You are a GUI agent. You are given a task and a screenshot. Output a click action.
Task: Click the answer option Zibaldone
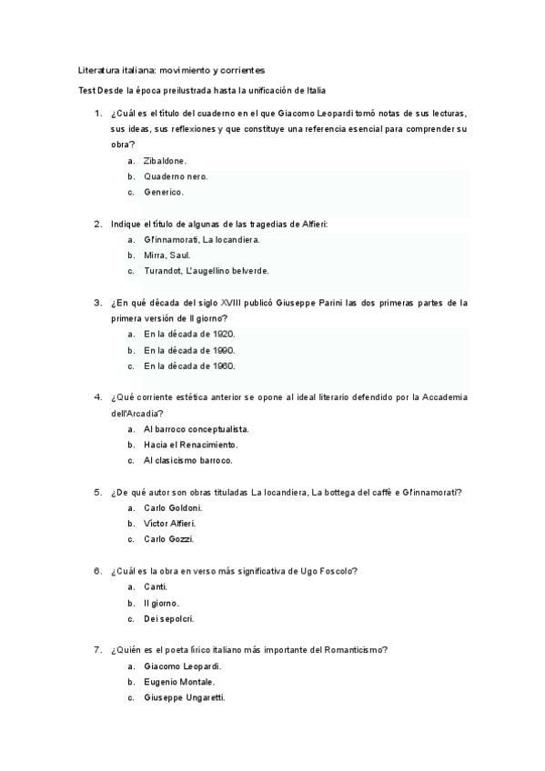pos(165,161)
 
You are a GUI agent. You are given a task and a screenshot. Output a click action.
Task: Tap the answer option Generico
pos(164,193)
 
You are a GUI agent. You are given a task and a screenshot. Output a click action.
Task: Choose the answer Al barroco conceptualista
pos(197,429)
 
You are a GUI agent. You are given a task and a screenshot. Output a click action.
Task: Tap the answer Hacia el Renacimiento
pos(190,445)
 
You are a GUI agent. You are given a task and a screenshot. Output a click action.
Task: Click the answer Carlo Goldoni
pos(173,508)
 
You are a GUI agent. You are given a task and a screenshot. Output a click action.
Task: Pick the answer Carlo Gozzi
pos(169,539)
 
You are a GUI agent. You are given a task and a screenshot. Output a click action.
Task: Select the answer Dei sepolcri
pos(169,618)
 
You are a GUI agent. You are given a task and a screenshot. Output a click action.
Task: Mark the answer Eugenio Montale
pos(179,682)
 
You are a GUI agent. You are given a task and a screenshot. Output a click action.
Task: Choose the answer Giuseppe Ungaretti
pos(185,697)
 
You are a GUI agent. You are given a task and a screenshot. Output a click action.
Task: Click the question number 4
pos(97,397)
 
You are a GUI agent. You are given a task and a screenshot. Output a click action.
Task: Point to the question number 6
pos(97,571)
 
